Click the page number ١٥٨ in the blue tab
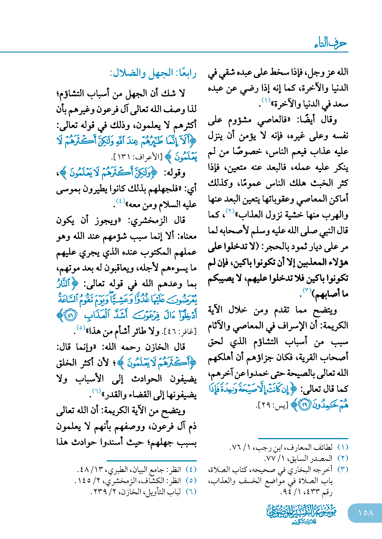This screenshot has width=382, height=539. tap(365, 513)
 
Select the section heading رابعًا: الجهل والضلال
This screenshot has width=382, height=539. tap(153, 73)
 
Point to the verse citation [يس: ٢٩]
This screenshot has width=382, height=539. tap(272, 405)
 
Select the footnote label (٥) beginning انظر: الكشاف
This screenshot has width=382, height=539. tap(191, 481)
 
